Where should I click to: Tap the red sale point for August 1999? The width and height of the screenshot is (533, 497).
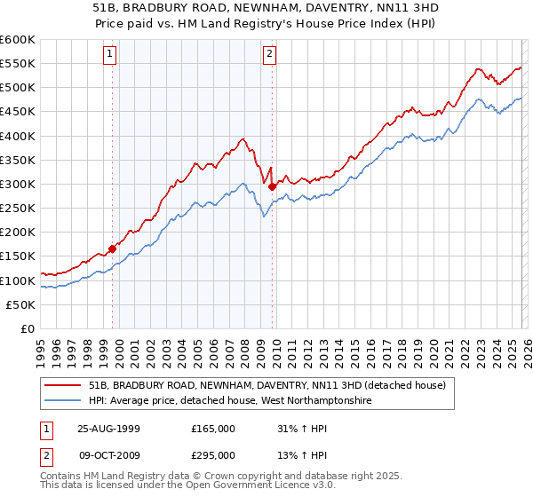(x=113, y=249)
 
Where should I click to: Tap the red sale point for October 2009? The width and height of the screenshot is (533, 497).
(x=272, y=186)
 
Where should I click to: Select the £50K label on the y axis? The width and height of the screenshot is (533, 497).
(x=20, y=304)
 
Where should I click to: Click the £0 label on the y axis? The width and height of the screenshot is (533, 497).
(x=29, y=328)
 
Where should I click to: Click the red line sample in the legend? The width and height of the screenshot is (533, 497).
(x=62, y=386)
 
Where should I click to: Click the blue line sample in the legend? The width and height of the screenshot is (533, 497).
(x=62, y=401)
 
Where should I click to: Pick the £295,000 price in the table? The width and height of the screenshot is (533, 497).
(x=213, y=454)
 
